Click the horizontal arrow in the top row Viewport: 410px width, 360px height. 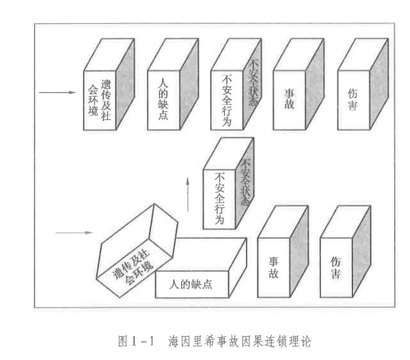57,92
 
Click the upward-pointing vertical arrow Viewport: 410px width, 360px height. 188,194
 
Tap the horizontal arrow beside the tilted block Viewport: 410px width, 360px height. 74,233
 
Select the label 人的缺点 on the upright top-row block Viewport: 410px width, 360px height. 163,99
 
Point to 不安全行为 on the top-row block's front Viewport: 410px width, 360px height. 226,100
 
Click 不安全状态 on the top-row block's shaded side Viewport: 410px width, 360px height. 253,83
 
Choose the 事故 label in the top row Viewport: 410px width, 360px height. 289,99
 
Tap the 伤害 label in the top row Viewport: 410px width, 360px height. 353,99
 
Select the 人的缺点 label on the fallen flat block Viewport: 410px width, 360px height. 191,285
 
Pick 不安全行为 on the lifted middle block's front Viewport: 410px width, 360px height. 219,199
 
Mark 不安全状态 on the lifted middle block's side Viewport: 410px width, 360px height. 245,182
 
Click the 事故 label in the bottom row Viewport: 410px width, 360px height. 273,268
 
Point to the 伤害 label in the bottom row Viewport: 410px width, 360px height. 336,268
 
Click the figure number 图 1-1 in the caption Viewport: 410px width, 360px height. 136,341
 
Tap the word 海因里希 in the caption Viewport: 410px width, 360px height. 192,341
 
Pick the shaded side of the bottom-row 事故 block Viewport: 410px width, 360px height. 299,252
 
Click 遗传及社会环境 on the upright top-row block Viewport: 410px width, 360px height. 99,100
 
